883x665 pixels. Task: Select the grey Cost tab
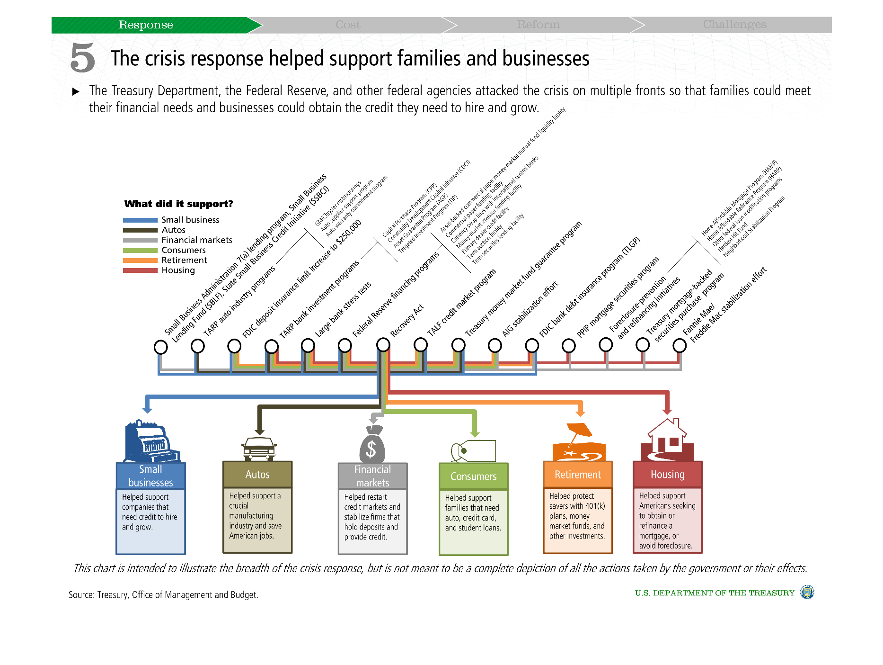348,25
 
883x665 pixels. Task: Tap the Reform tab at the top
538,25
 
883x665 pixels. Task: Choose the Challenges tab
734,25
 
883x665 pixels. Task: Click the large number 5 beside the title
83,58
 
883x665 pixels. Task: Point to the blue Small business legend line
140,220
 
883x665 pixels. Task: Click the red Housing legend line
140,270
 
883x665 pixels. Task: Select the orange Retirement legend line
140,261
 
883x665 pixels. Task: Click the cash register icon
150,441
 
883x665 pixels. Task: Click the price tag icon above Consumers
473,450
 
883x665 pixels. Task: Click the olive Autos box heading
257,475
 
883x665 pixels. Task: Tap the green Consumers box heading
473,476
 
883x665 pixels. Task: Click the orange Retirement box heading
577,475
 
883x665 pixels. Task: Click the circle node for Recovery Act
383,345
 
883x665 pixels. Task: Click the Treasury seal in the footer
807,593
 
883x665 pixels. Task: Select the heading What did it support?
179,204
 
